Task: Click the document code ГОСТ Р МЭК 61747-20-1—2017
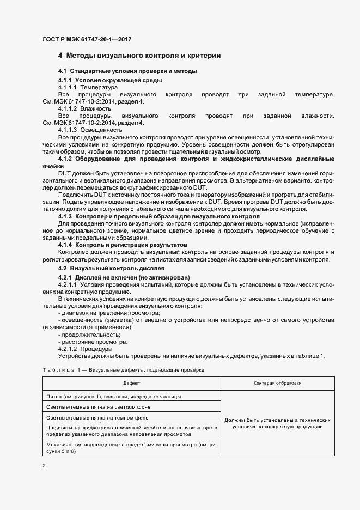click(87, 40)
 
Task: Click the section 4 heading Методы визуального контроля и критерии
click(139, 56)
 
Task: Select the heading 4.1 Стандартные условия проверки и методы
click(127, 72)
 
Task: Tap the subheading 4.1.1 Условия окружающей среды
click(109, 80)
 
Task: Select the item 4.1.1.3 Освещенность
click(90, 130)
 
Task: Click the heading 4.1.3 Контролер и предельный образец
click(159, 216)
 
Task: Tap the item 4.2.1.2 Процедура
click(84, 349)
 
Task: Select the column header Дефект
click(131, 384)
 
